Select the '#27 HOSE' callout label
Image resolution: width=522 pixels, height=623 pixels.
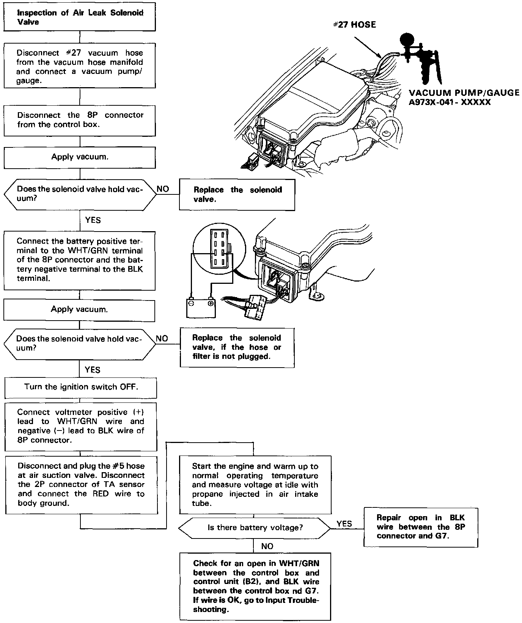[x=354, y=25]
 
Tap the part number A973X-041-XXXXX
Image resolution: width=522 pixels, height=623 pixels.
[x=450, y=102]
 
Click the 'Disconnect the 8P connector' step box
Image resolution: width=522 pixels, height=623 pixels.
[x=80, y=120]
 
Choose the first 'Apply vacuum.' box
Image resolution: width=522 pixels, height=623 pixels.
[x=80, y=157]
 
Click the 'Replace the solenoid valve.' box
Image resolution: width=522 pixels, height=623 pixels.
[x=237, y=194]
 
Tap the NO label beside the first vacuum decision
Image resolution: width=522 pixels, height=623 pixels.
[x=163, y=189]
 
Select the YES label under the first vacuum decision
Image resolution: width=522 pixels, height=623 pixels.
[x=93, y=220]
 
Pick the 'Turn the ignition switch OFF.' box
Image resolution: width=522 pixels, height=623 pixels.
[x=80, y=387]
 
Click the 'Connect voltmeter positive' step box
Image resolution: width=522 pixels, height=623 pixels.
[x=80, y=426]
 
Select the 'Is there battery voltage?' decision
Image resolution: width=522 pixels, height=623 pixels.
[x=255, y=528]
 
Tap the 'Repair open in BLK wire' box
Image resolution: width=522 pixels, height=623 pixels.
[x=420, y=527]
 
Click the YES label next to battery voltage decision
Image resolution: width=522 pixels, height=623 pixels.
[x=344, y=523]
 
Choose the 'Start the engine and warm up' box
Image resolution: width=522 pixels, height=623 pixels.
[x=255, y=485]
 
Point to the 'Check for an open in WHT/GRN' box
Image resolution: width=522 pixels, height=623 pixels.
[x=255, y=586]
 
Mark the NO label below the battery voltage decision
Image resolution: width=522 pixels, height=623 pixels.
[x=267, y=546]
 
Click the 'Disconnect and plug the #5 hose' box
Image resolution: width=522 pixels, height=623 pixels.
[x=81, y=485]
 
